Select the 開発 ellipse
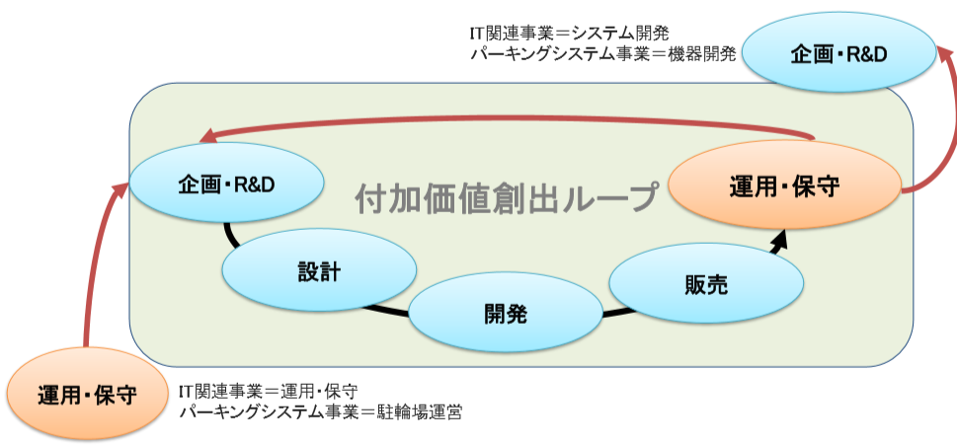[x=506, y=314]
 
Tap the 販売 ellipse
[x=706, y=283]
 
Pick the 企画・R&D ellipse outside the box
[x=838, y=53]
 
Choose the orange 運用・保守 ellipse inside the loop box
[x=784, y=185]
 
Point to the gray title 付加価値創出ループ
[x=508, y=196]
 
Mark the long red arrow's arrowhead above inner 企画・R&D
[x=208, y=136]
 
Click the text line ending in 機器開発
[x=603, y=53]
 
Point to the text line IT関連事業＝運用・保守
[x=268, y=390]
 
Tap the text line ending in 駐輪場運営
[x=320, y=412]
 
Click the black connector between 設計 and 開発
[x=386, y=310]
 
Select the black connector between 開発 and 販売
[x=618, y=314]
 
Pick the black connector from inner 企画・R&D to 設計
[x=231, y=235]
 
